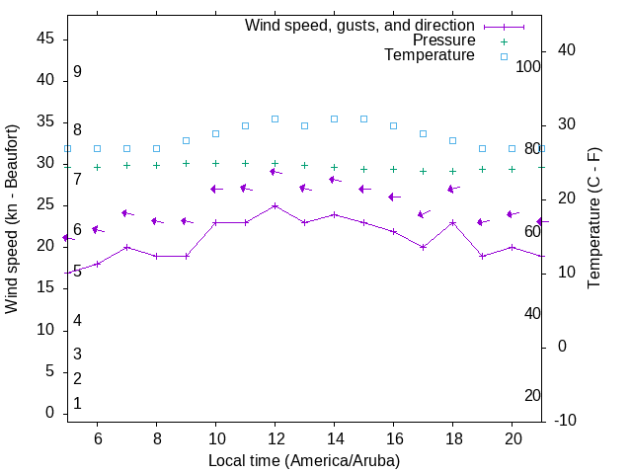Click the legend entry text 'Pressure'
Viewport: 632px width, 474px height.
pyautogui.click(x=443, y=40)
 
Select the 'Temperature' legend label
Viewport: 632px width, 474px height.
pyautogui.click(x=429, y=55)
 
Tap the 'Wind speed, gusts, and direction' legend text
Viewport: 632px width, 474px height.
pyautogui.click(x=359, y=25)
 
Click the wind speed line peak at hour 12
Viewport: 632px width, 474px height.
pyautogui.click(x=275, y=205)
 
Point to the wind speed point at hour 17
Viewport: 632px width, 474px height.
pyautogui.click(x=423, y=247)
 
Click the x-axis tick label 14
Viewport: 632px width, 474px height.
pyautogui.click(x=334, y=439)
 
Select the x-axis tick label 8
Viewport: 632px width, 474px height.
pyautogui.click(x=156, y=439)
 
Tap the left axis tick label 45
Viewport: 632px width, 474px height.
pyautogui.click(x=45, y=39)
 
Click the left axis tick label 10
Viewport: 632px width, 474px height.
pyautogui.click(x=45, y=330)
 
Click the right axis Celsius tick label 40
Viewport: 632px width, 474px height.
pyautogui.click(x=568, y=50)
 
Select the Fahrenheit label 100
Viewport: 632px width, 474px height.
pyautogui.click(x=529, y=66)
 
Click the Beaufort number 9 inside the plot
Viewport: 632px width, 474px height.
pyautogui.click(x=77, y=72)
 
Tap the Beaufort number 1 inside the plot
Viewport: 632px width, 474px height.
pyautogui.click(x=77, y=404)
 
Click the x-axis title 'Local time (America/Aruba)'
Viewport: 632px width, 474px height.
pyautogui.click(x=304, y=460)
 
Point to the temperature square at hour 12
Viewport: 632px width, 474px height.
pyautogui.click(x=275, y=118)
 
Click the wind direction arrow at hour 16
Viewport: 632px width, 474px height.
pyautogui.click(x=394, y=197)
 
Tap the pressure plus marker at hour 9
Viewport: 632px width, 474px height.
pyautogui.click(x=186, y=164)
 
